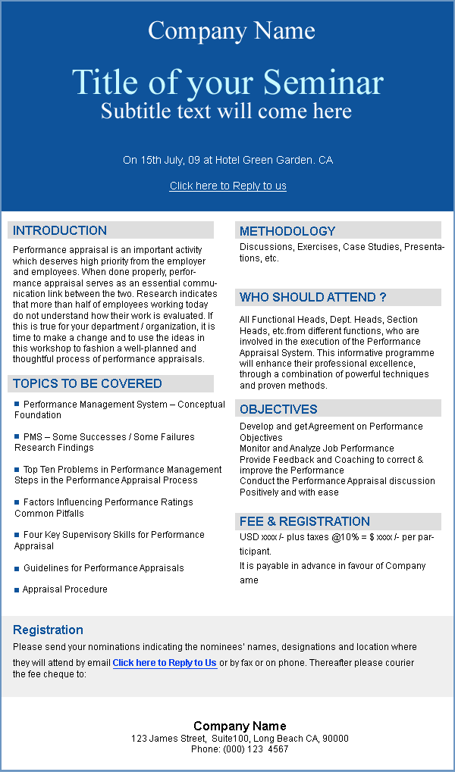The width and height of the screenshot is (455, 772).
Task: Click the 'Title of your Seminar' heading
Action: (x=227, y=83)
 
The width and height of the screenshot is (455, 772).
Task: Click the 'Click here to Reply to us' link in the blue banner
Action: (x=227, y=186)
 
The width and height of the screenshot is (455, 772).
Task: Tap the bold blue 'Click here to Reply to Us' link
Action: (x=165, y=663)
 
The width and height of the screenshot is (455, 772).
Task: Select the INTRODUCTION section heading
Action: (x=60, y=230)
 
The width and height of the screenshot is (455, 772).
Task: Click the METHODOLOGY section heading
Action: (x=287, y=231)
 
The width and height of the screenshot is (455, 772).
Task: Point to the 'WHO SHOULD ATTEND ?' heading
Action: (x=313, y=297)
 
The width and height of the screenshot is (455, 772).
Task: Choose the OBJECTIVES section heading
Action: (x=278, y=409)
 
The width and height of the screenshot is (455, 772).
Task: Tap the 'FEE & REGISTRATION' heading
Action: (x=305, y=521)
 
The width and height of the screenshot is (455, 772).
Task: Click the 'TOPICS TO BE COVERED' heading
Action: (x=87, y=383)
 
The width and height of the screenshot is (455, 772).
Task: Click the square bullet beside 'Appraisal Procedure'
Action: (x=17, y=589)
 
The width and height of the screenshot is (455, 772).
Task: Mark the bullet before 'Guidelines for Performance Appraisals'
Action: (x=17, y=567)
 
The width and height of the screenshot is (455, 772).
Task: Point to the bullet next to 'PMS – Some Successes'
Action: (x=17, y=436)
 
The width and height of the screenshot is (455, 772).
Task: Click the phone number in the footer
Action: (x=240, y=749)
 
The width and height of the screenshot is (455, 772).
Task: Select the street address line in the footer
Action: (x=240, y=738)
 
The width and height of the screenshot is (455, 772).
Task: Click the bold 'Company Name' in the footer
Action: (x=240, y=726)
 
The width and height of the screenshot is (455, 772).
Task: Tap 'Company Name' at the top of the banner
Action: (x=231, y=30)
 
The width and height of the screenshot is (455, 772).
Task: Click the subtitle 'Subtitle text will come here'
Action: (x=226, y=111)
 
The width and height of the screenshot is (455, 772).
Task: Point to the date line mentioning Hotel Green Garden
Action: (x=227, y=160)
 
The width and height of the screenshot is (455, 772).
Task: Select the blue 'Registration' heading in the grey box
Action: (x=48, y=630)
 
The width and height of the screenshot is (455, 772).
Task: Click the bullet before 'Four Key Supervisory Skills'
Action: (x=17, y=534)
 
